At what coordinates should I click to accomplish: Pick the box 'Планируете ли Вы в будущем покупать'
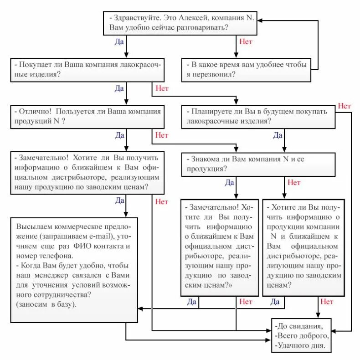coord(260,116)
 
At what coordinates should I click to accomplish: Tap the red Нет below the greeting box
coord(246,42)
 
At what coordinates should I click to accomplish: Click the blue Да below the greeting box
coord(119,42)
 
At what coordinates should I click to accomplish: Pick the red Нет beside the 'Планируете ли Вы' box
coord(345,106)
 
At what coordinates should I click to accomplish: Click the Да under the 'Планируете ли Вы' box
coord(278,135)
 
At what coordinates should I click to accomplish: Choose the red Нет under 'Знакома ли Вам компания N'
coord(294,183)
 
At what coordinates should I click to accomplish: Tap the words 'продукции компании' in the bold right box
coord(303,226)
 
